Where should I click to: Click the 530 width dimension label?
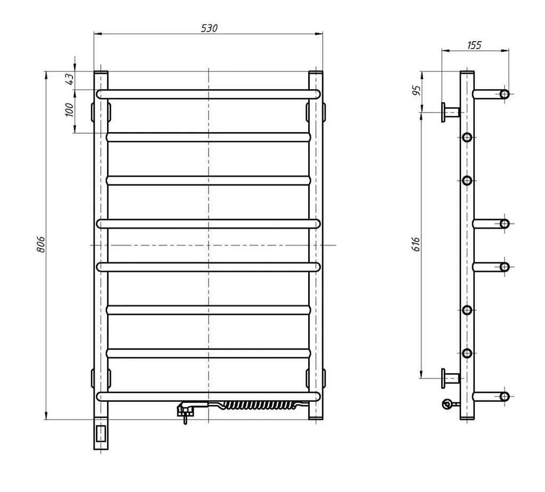(x=209, y=28)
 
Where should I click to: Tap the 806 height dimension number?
(x=41, y=245)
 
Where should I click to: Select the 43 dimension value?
(x=70, y=79)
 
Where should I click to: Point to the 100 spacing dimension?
(x=70, y=110)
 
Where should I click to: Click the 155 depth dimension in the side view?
(x=474, y=45)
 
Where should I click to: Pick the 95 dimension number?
(x=416, y=90)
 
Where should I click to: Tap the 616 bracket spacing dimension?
(x=416, y=244)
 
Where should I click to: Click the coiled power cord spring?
(x=259, y=405)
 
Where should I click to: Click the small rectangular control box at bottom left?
(x=101, y=433)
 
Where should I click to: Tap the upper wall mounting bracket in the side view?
(x=450, y=112)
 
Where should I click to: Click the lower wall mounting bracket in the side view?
(x=450, y=378)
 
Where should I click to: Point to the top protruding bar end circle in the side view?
(x=505, y=94)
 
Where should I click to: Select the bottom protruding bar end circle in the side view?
(x=505, y=397)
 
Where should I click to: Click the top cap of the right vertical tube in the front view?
(x=316, y=72)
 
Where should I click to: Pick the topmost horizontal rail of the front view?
(x=209, y=94)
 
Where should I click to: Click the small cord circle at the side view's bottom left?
(x=447, y=404)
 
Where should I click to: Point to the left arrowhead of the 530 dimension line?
(x=98, y=34)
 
